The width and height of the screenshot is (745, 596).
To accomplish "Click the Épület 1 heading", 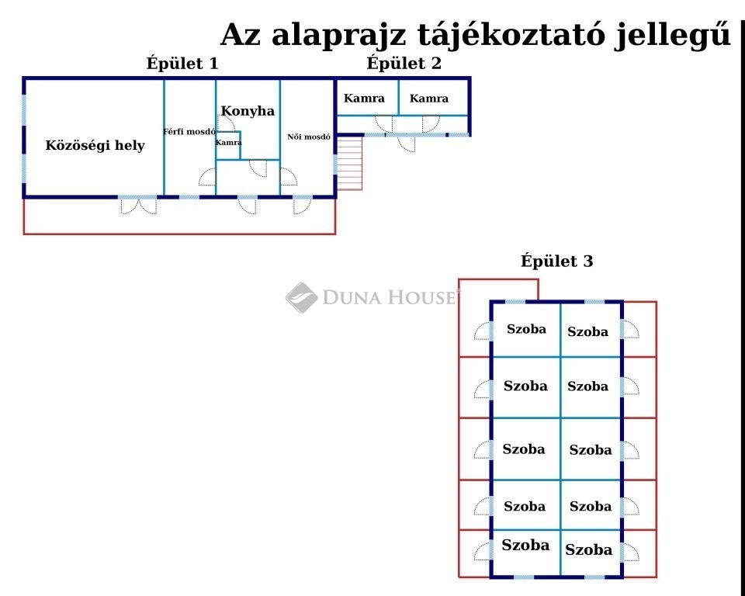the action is pyautogui.click(x=182, y=64).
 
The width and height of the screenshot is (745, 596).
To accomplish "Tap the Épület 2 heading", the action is pyautogui.click(x=404, y=64).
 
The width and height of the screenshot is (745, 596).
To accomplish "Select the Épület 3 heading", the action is pyautogui.click(x=557, y=262).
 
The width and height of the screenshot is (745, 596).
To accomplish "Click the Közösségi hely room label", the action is pyautogui.click(x=95, y=145).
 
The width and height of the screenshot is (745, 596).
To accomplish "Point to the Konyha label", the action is pyautogui.click(x=248, y=111).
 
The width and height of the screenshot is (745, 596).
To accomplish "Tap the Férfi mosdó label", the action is pyautogui.click(x=189, y=132).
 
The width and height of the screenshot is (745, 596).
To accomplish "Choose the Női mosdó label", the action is pyautogui.click(x=309, y=137).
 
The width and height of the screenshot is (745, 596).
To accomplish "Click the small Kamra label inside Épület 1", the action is pyautogui.click(x=228, y=143).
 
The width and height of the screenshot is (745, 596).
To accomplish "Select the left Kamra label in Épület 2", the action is pyautogui.click(x=364, y=99).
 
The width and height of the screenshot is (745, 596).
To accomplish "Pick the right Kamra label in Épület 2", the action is pyautogui.click(x=429, y=99).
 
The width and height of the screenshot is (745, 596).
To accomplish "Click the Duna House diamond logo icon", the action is pyautogui.click(x=301, y=297).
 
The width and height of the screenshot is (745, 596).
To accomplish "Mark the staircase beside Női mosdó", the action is pyautogui.click(x=350, y=164).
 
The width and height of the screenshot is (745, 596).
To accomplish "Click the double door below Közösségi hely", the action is pyautogui.click(x=138, y=206).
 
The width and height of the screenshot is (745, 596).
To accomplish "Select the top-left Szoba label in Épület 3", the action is pyautogui.click(x=526, y=329).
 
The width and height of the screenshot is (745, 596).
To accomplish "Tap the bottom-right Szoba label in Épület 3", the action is pyautogui.click(x=589, y=550).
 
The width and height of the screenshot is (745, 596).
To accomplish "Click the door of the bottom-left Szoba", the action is pyautogui.click(x=482, y=551).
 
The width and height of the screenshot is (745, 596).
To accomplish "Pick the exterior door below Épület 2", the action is pyautogui.click(x=407, y=144).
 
